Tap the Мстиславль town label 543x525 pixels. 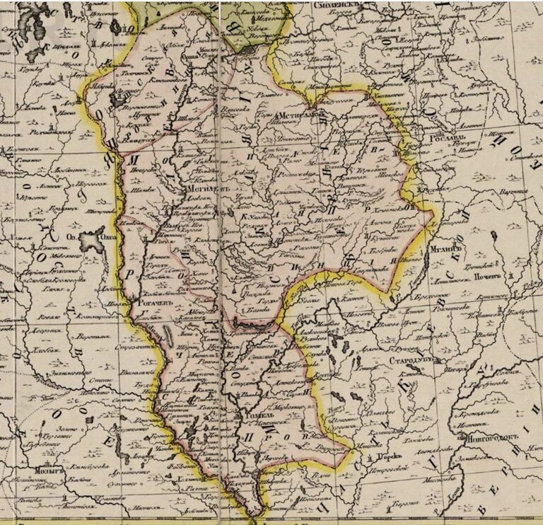coord(300,112)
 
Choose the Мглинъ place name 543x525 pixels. coord(446,250)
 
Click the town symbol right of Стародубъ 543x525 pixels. coord(432,361)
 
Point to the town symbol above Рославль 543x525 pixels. coord(427,130)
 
